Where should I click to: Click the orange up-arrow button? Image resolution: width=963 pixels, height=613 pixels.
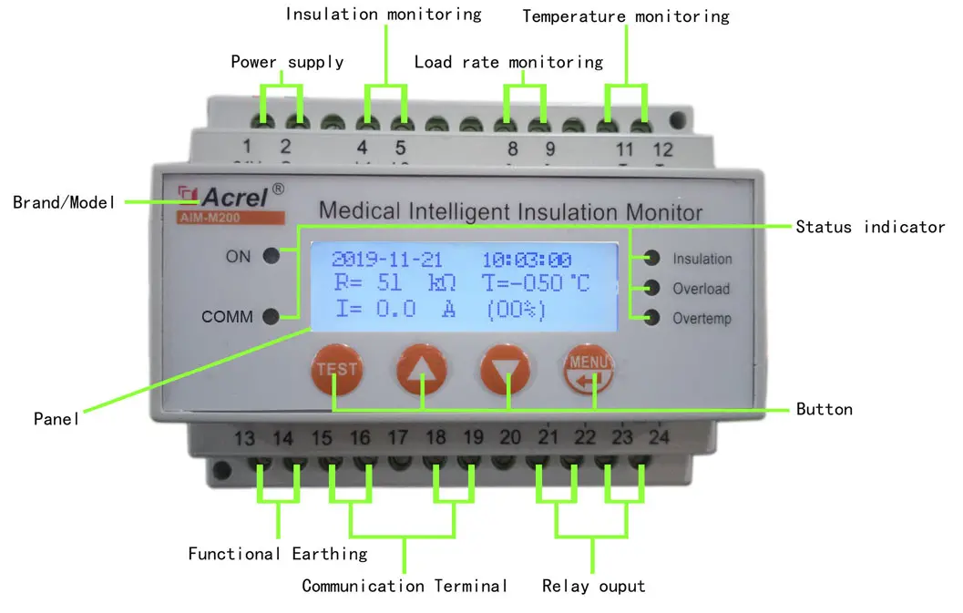[x=422, y=369]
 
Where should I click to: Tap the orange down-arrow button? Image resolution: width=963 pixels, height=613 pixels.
[x=506, y=369]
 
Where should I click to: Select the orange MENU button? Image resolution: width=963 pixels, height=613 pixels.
[x=589, y=368]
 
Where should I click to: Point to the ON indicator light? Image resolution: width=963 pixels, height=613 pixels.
[x=271, y=256]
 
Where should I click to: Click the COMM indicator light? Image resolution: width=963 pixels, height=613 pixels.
[x=271, y=317]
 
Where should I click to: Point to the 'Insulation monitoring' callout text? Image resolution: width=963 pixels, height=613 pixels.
[x=383, y=15]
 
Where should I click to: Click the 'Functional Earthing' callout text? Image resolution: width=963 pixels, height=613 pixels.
[x=278, y=554]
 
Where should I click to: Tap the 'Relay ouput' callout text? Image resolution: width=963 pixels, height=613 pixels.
[x=593, y=586]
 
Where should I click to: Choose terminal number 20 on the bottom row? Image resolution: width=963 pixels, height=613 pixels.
[x=510, y=438]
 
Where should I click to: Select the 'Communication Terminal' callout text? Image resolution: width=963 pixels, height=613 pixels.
[x=405, y=586]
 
